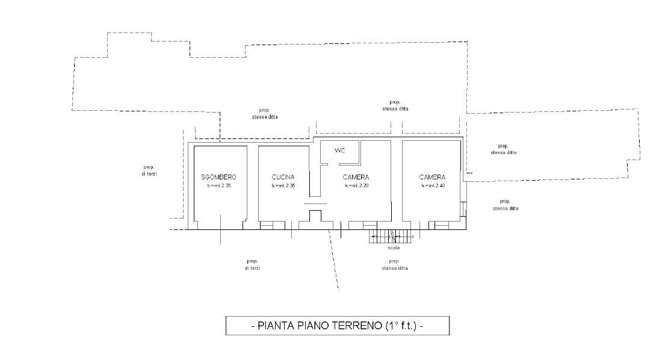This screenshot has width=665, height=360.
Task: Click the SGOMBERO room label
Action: coord(219,177)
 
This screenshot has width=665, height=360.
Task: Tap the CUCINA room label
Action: coord(283,177)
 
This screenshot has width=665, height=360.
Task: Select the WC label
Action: coord(339,151)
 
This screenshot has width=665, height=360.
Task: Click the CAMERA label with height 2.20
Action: coord(356,177)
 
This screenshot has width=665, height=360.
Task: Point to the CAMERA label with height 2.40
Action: coord(432,177)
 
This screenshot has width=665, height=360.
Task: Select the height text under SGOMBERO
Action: coord(219,186)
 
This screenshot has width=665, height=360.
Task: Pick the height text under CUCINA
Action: coord(283,186)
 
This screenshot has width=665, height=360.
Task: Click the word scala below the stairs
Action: coord(394,247)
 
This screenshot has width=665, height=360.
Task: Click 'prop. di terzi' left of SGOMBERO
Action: coord(149,170)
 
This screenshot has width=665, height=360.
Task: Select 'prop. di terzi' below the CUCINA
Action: coord(252,264)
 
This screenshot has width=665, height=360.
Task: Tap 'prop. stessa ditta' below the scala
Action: coord(394,264)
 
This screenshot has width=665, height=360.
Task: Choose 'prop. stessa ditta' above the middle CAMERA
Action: coord(395,105)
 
